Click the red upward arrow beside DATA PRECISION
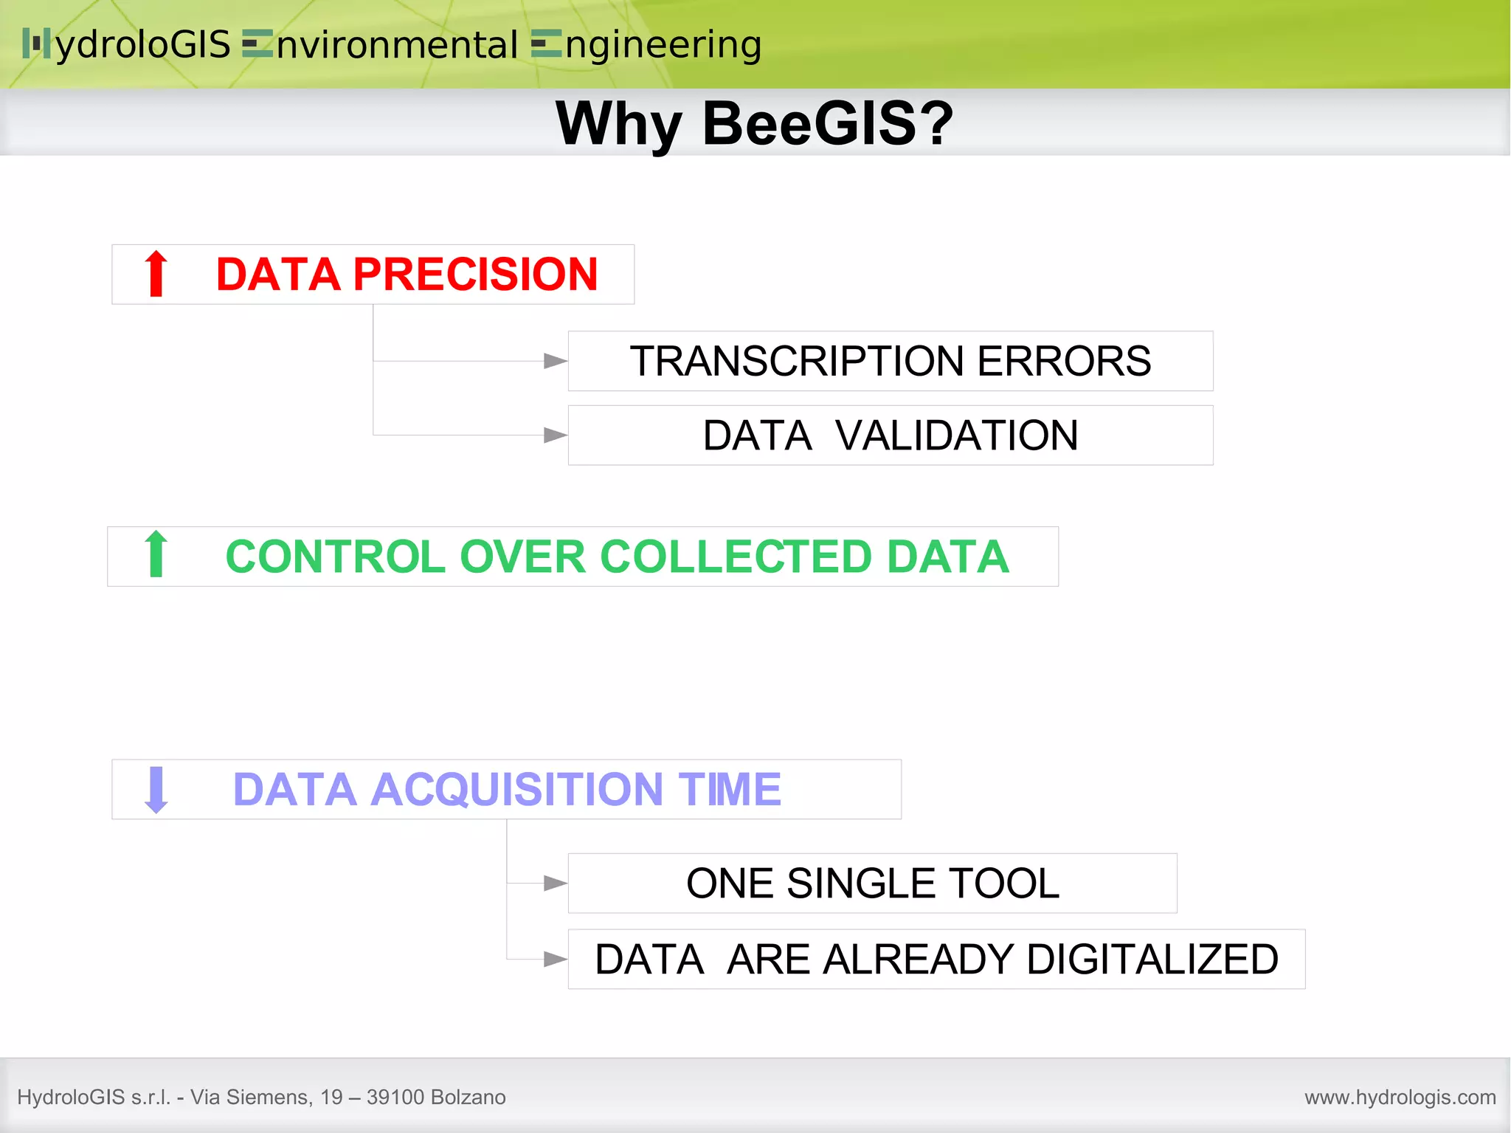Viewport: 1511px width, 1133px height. (156, 274)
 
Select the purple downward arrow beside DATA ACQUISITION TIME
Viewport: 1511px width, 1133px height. (156, 790)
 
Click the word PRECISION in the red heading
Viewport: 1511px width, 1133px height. (475, 275)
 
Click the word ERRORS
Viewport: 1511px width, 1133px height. (1064, 362)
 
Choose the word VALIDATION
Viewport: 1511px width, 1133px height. (957, 435)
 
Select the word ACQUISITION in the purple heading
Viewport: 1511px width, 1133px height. (517, 790)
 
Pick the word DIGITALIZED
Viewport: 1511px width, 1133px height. (1152, 960)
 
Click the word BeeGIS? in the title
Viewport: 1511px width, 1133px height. (828, 124)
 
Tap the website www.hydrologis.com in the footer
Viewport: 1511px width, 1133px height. (1400, 1098)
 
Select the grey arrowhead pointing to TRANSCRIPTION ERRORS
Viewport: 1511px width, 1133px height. (555, 361)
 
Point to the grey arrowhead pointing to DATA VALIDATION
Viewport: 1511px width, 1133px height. (555, 435)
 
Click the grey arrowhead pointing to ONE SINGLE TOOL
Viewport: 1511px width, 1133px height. (555, 883)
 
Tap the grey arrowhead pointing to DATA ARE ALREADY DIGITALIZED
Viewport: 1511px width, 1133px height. (555, 959)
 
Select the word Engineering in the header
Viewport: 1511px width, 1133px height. (647, 45)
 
